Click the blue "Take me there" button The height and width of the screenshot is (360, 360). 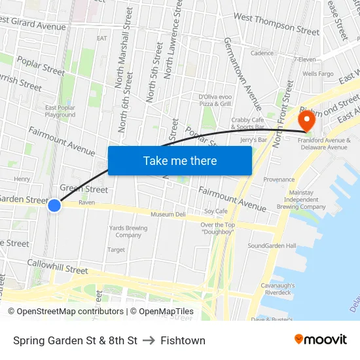pos(179,160)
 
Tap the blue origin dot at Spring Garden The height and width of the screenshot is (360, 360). pos(54,206)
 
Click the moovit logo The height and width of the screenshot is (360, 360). pos(320,340)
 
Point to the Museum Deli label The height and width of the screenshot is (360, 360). pos(168,214)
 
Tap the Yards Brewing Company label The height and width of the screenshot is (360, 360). pos(128,232)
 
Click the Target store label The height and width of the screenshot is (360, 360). pos(116,249)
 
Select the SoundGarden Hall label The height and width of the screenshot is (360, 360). pos(272,245)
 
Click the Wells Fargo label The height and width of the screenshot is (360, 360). pos(318,74)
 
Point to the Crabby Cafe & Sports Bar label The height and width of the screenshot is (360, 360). pos(248,123)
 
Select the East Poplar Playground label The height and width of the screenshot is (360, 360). pos(60,111)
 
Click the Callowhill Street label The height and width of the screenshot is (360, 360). pos(58,266)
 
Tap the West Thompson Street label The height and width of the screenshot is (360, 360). pos(276,24)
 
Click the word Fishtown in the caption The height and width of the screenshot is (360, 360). pos(183,340)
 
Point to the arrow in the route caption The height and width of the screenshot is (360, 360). pos(149,340)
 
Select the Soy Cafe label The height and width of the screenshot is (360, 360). pos(215,211)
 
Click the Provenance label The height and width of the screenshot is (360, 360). pos(279,179)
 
